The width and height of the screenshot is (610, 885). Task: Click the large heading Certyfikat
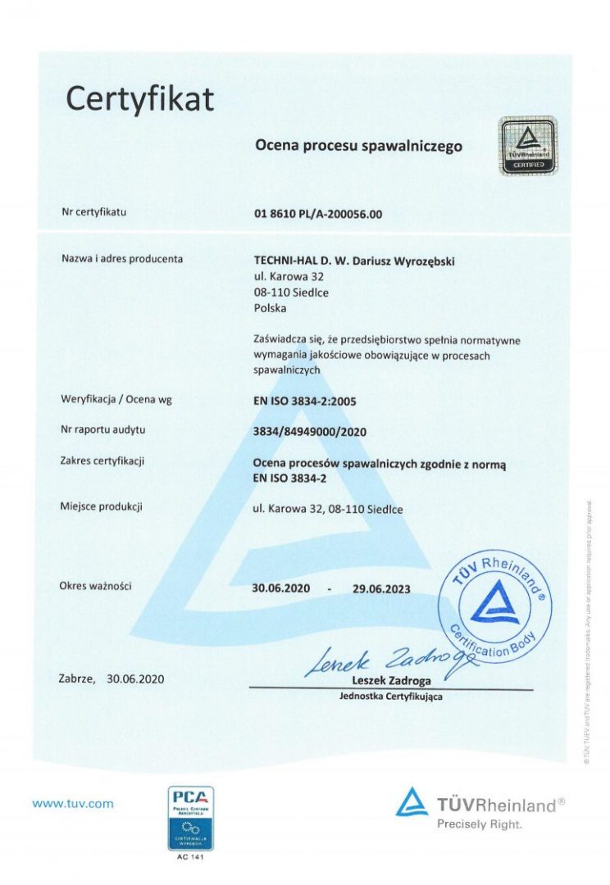pyautogui.click(x=139, y=99)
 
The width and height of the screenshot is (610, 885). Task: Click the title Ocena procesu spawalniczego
pyautogui.click(x=358, y=146)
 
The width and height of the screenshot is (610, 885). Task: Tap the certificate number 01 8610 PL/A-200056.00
pyautogui.click(x=318, y=215)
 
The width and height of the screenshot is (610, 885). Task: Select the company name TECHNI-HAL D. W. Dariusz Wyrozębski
pyautogui.click(x=354, y=261)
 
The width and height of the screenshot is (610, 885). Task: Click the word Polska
pyautogui.click(x=271, y=308)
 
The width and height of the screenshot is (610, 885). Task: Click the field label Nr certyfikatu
pyautogui.click(x=94, y=213)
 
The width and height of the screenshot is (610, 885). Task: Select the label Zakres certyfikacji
pyautogui.click(x=102, y=461)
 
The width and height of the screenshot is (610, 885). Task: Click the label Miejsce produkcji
pyautogui.click(x=102, y=506)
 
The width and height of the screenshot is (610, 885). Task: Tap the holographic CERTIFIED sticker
pyautogui.click(x=528, y=146)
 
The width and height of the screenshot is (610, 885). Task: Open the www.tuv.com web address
pyautogui.click(x=73, y=804)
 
